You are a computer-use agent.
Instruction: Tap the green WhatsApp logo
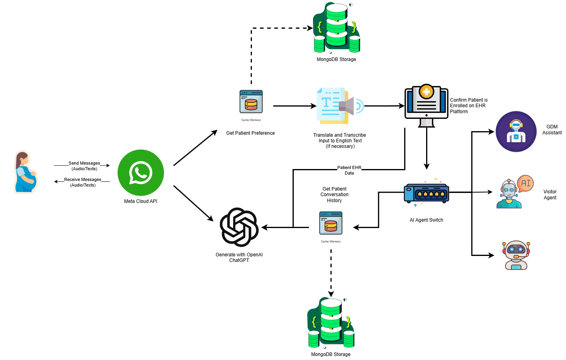click(x=141, y=173)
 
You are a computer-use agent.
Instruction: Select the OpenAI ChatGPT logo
click(x=239, y=227)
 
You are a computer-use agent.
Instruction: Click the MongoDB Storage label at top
click(x=336, y=59)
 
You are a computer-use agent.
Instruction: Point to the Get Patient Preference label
click(x=250, y=133)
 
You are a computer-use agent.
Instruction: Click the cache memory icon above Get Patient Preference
click(x=251, y=102)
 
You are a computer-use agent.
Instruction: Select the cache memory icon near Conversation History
click(x=331, y=223)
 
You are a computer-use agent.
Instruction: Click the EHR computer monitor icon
click(x=426, y=106)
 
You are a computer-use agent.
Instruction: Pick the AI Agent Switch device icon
click(x=426, y=193)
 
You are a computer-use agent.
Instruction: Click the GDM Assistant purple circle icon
click(x=516, y=132)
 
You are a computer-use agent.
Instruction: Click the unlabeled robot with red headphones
click(x=516, y=255)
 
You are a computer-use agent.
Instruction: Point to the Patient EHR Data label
click(x=349, y=170)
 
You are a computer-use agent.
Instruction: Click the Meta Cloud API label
click(x=141, y=201)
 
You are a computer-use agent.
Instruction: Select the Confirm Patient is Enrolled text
click(x=468, y=106)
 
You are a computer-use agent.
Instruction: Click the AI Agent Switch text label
click(x=426, y=220)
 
